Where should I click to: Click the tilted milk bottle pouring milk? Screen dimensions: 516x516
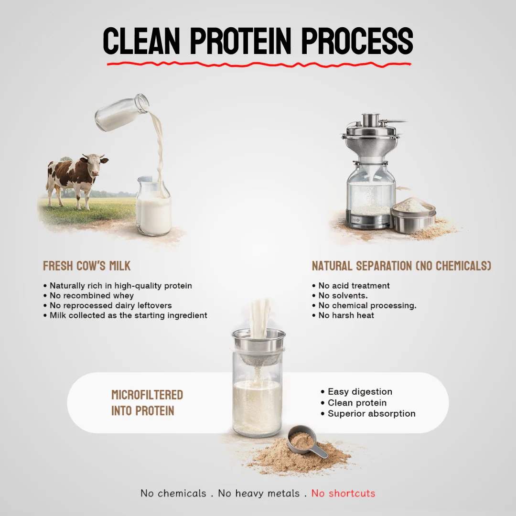[x=120, y=113]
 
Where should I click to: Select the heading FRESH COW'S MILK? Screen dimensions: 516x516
[x=86, y=266]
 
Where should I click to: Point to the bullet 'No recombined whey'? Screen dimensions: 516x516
[x=92, y=296]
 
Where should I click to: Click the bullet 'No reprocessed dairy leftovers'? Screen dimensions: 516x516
[x=110, y=305]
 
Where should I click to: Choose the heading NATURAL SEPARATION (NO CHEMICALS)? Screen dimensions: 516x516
[x=401, y=266]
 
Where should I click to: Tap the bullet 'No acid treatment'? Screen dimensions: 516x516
[x=354, y=286]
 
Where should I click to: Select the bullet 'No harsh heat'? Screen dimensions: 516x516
[x=346, y=315]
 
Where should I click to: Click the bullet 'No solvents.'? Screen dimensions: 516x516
[x=343, y=296]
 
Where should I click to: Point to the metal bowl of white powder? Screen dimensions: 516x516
[x=413, y=215]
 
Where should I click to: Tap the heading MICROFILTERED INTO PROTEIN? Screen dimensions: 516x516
[x=147, y=403]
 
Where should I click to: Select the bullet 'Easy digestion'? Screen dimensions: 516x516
[x=360, y=392]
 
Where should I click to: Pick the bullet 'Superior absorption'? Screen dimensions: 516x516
[x=371, y=414]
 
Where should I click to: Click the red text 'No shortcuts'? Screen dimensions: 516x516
[x=343, y=493]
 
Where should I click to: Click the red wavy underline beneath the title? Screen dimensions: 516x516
[x=258, y=64]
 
